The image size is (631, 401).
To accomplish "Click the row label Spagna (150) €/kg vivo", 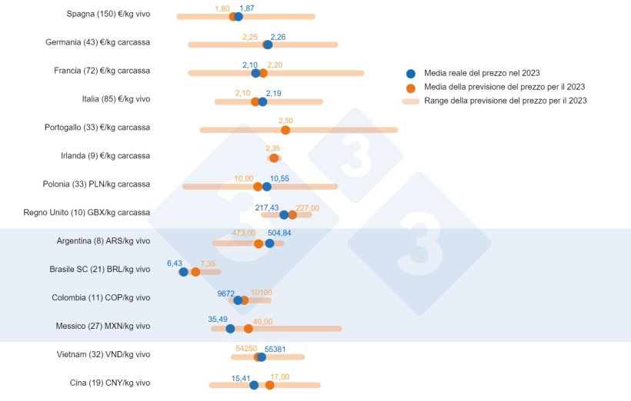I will tap(109, 14).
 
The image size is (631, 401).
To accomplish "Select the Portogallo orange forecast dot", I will tap(285, 130).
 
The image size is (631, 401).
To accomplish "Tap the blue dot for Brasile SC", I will tap(183, 271).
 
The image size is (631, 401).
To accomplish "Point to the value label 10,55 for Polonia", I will tap(279, 178).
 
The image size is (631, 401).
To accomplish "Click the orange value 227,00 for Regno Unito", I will tap(307, 207).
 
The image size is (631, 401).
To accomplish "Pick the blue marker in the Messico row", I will tap(230, 329).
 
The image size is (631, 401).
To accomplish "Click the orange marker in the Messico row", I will tap(248, 329).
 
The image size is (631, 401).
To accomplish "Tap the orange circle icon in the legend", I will tap(410, 87).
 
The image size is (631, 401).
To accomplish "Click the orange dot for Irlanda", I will tap(274, 158).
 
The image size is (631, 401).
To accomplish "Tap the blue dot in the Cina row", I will tap(254, 385).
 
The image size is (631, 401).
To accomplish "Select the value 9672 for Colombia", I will tap(226, 293).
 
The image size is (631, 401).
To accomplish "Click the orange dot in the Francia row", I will tap(263, 73).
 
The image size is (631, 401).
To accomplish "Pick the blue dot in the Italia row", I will tap(262, 101).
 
